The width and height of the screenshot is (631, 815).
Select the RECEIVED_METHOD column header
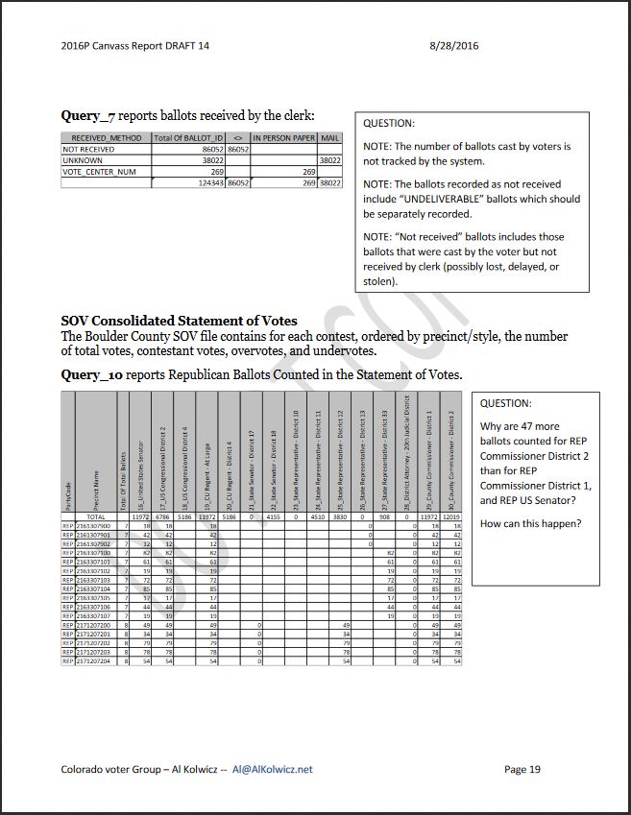coord(106,138)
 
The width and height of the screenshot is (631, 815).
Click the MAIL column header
coord(329,138)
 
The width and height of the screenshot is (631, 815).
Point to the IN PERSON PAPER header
coord(283,138)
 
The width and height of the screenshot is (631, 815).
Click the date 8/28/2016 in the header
coord(455,45)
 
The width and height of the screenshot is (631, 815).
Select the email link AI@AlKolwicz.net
coord(273,769)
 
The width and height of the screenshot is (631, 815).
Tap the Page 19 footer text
coord(522,769)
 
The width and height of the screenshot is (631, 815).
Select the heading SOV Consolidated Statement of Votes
coord(179,321)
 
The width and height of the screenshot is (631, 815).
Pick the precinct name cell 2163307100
coord(94,554)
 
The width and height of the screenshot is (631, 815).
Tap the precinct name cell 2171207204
coord(94,662)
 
